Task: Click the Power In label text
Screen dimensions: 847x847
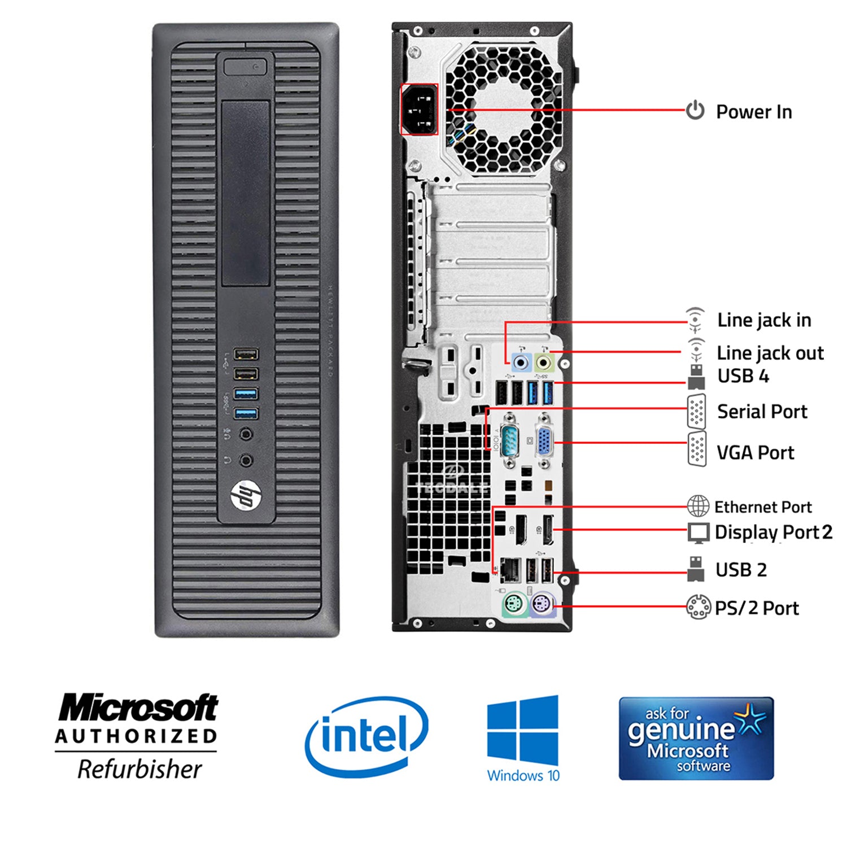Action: (754, 112)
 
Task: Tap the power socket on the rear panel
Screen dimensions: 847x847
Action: (419, 110)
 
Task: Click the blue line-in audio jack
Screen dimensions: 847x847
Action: (521, 362)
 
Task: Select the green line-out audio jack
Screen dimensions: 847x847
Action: (543, 362)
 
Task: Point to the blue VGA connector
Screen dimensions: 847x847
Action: (544, 441)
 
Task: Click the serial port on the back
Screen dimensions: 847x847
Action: (509, 440)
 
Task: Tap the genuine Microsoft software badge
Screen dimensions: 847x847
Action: (696, 739)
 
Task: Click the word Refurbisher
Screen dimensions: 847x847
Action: (139, 769)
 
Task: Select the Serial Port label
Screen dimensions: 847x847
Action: (762, 412)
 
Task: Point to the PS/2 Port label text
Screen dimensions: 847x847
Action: (757, 608)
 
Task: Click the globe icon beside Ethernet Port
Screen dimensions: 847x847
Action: (698, 506)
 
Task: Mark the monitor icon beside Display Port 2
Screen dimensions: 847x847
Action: (698, 532)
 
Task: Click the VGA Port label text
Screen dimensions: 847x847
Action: (755, 452)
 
